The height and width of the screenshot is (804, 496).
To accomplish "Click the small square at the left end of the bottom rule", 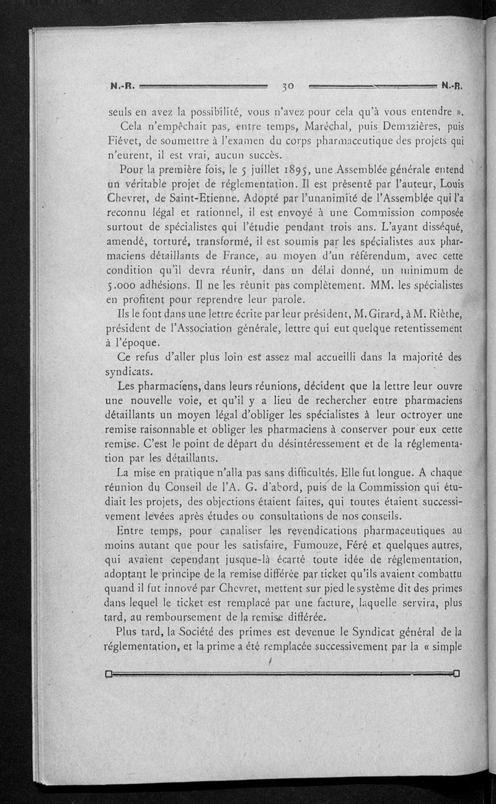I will [x=108, y=674].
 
